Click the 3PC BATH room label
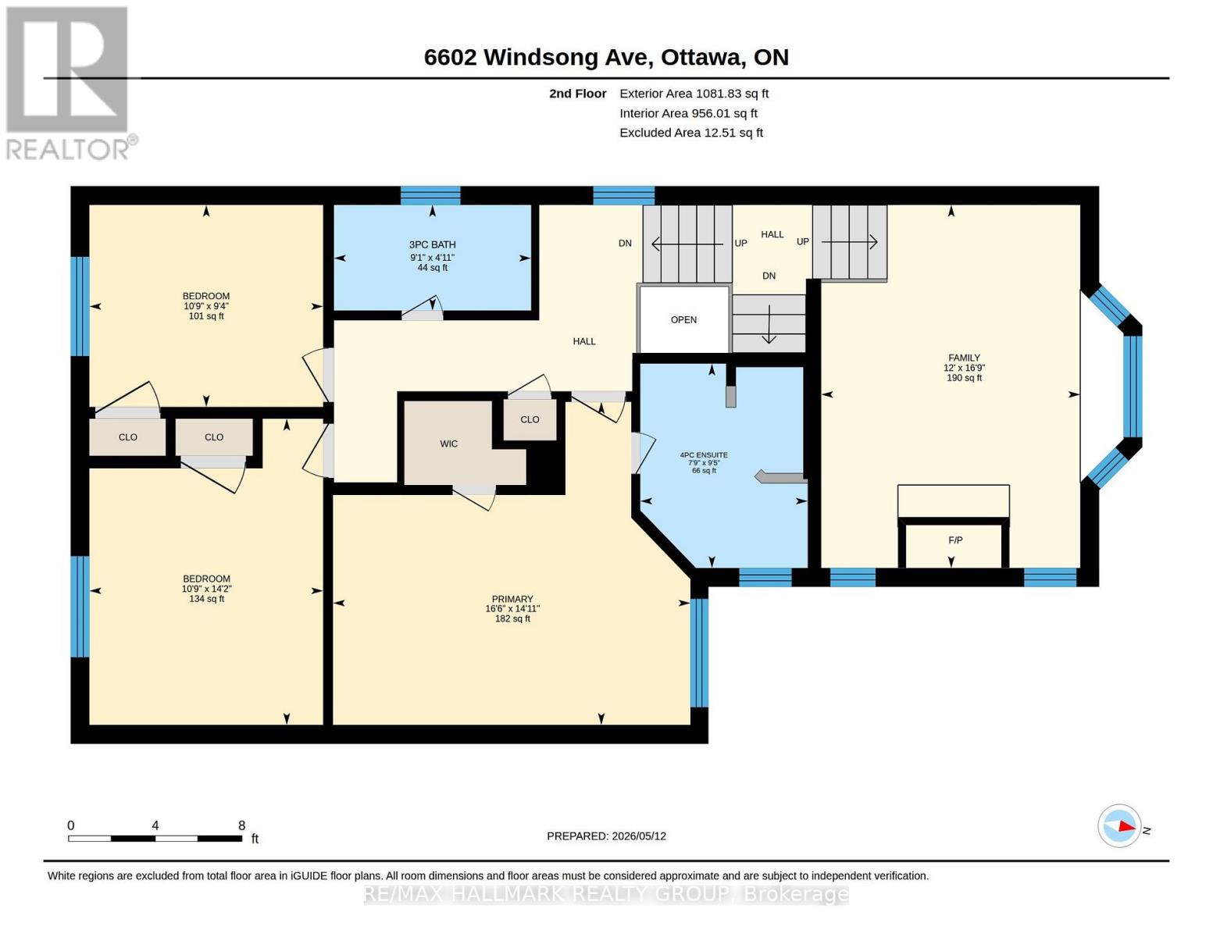click(x=432, y=244)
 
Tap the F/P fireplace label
click(x=955, y=540)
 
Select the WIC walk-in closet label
click(x=449, y=444)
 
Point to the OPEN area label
click(x=683, y=320)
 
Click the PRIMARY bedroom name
click(x=512, y=599)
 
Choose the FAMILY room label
click(x=964, y=358)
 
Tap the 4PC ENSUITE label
click(x=704, y=454)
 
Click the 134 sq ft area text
click(x=206, y=599)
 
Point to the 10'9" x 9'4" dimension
click(x=206, y=306)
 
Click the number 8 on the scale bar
click(x=241, y=825)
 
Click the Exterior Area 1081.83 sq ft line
click(x=694, y=94)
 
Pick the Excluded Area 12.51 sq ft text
click(x=691, y=133)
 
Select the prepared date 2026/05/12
click(x=639, y=836)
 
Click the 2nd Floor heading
click(x=578, y=94)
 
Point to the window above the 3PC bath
click(x=430, y=196)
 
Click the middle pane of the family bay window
click(x=1133, y=387)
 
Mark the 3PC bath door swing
click(x=423, y=307)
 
